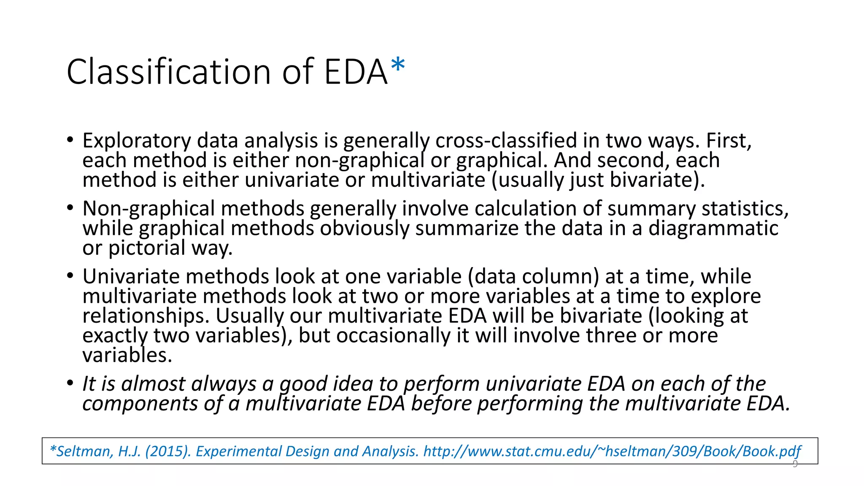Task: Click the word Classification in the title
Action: [x=168, y=72]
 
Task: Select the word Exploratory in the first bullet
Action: [x=136, y=140]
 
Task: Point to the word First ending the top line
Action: [x=729, y=140]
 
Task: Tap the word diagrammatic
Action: [x=713, y=228]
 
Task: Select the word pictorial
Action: [x=147, y=248]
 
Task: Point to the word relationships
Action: [x=146, y=316]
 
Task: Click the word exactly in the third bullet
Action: [x=115, y=336]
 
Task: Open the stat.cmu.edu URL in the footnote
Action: [x=612, y=451]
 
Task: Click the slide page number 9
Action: [x=795, y=464]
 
